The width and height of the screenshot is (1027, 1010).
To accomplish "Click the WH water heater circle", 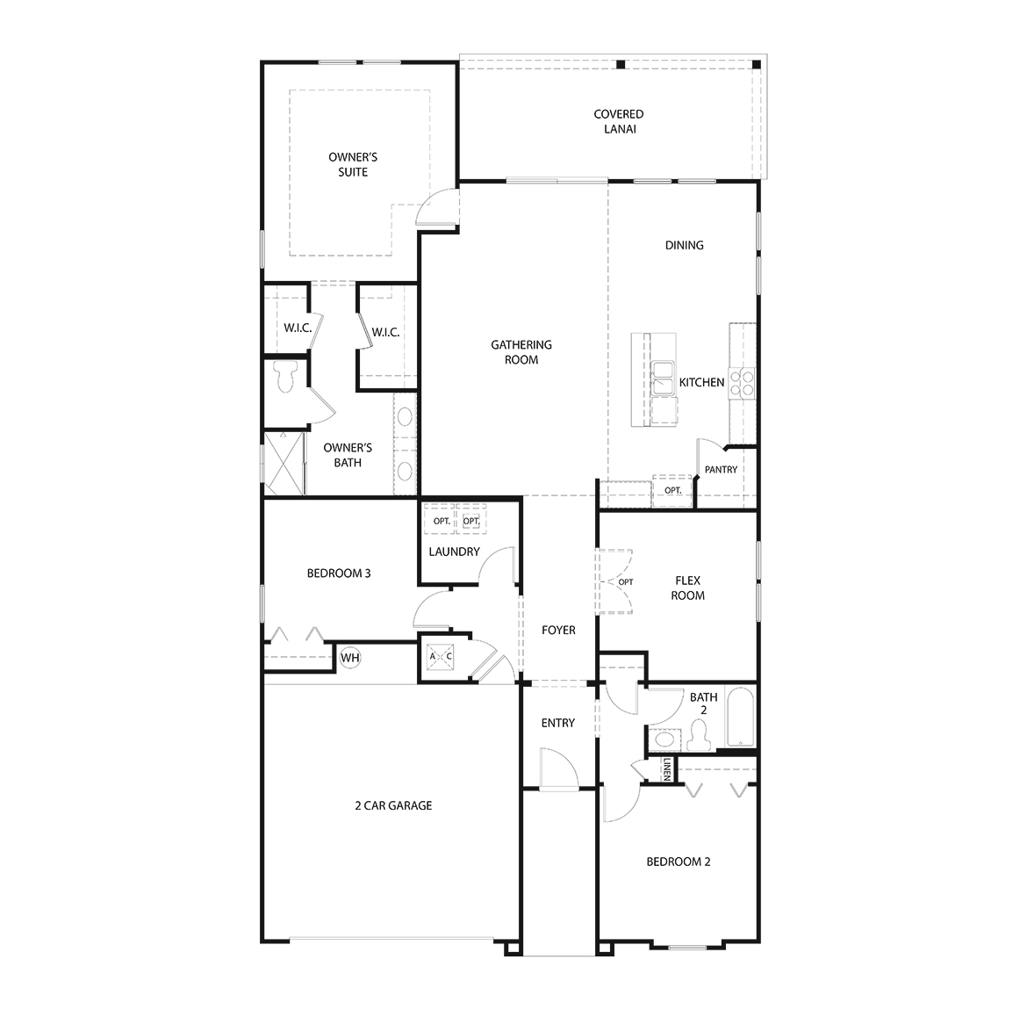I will pos(350,657).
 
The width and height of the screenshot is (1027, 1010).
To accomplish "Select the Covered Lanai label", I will pos(618,121).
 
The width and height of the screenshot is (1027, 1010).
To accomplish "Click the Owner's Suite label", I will pos(353,164).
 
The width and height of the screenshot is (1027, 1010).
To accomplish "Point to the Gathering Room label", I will pos(521,352).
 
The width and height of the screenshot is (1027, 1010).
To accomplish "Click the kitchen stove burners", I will pos(743,382).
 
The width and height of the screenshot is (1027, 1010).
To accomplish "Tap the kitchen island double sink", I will pos(663,378).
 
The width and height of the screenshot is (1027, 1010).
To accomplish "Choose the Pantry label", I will pos(721,470).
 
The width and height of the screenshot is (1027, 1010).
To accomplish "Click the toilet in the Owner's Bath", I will pos(284,379).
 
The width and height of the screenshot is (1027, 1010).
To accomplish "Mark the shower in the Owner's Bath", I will pos(284,463).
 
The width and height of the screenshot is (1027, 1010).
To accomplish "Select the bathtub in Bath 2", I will pos(738,717).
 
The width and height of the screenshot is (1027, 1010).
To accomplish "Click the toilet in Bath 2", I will pos(700,734).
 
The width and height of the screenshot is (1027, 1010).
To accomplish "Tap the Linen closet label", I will pos(667,768).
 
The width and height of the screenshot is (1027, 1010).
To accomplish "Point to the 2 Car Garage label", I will pos(393,805).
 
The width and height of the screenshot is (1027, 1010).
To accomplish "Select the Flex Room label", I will pos(687,588).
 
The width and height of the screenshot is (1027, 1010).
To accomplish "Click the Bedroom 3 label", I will pos(339,574).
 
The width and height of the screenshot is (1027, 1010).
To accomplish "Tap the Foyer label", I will pos(558,630).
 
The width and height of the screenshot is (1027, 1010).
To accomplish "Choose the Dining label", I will pos(684,245).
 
